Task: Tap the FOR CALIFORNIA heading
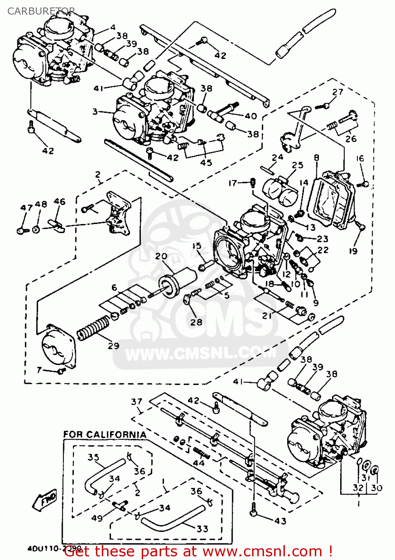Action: coord(104,435)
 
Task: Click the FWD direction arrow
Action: coord(45,499)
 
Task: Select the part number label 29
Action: coord(113,346)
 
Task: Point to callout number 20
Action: coord(161,256)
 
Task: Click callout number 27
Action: coord(338,92)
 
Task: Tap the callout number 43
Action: coord(280,521)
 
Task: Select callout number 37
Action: coord(137,402)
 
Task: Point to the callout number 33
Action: coord(202,529)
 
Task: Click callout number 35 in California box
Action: coord(93,457)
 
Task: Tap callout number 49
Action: coord(97,518)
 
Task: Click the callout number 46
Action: coord(60,202)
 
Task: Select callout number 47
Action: coord(26,208)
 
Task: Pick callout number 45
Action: coord(206,162)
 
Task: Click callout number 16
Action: coord(360,158)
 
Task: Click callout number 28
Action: coord(196,322)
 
